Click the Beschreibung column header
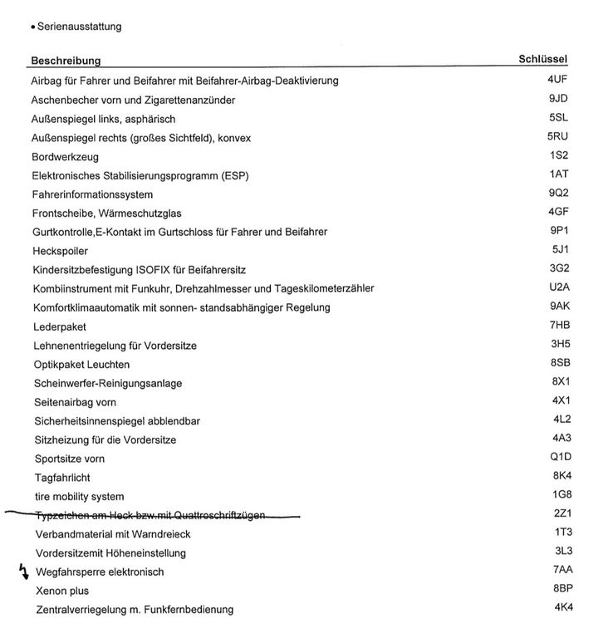[66, 61]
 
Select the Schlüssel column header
[542, 59]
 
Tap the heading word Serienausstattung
[79, 27]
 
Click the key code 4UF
[557, 80]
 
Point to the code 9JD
[558, 99]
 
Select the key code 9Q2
[558, 193]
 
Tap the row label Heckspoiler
[60, 251]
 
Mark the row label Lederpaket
[59, 326]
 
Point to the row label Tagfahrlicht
[62, 478]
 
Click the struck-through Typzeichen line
[150, 516]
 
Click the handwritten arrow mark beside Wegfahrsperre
[22, 571]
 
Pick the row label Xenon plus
[62, 591]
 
